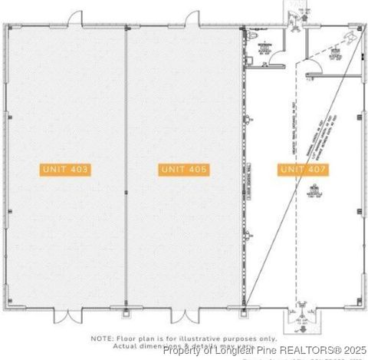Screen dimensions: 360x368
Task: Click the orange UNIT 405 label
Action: pos(184,170)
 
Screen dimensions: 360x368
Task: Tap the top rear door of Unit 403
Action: pos(76,18)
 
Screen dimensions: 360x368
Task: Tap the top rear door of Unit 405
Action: pos(192,18)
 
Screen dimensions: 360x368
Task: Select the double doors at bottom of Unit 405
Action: pos(183,315)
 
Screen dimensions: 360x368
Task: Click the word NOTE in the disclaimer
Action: pos(102,338)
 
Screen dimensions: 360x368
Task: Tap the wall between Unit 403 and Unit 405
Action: pos(125,169)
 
